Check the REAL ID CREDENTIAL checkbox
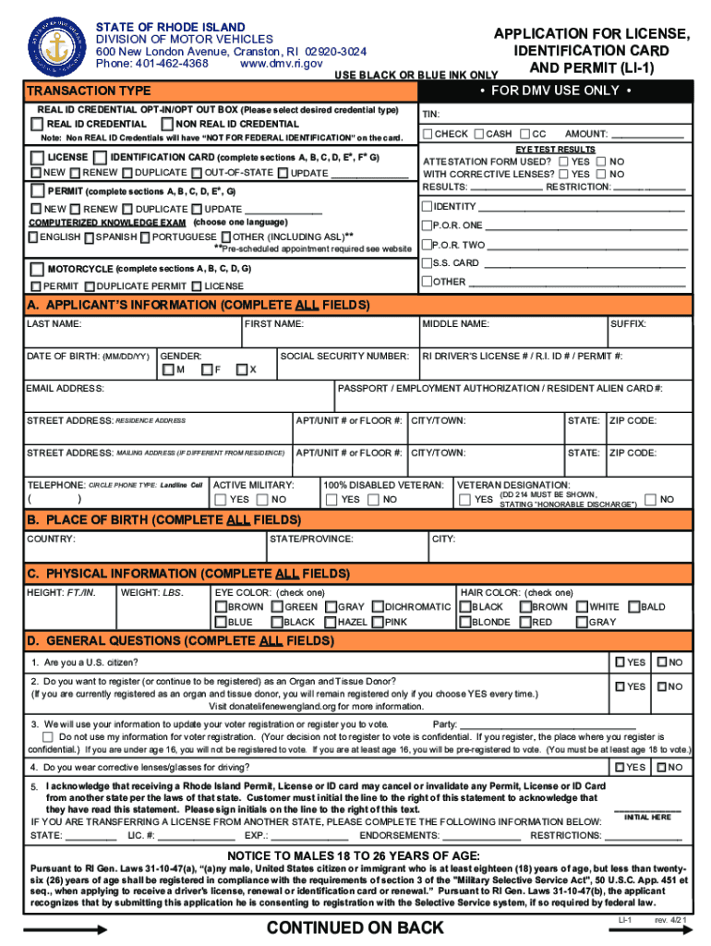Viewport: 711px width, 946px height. tap(40, 124)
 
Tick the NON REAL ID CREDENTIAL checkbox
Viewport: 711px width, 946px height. tap(167, 124)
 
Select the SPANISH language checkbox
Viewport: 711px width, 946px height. tap(89, 237)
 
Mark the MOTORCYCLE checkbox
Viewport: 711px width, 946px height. tap(39, 269)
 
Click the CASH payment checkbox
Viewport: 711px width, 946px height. tap(480, 134)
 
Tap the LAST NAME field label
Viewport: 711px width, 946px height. tap(54, 324)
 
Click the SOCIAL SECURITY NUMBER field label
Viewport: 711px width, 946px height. tap(343, 356)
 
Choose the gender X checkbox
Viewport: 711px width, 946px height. tap(241, 370)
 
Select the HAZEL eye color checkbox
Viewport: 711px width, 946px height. tap(330, 622)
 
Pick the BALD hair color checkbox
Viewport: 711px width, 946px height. tap(633, 607)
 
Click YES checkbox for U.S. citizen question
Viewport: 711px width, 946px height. tap(620, 662)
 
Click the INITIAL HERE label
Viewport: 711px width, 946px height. tap(647, 817)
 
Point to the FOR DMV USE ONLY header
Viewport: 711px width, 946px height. tap(555, 91)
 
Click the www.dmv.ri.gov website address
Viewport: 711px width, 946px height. tap(281, 64)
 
